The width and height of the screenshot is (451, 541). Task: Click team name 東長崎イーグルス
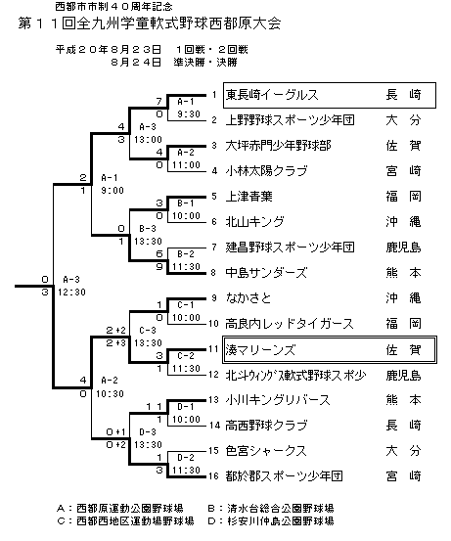(272, 95)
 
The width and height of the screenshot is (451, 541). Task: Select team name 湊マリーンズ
(260, 350)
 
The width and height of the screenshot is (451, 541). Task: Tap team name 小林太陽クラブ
(266, 171)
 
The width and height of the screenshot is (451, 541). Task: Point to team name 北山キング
(254, 221)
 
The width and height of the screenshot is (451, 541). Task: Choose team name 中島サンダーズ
(266, 273)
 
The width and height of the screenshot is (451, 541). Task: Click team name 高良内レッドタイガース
(290, 324)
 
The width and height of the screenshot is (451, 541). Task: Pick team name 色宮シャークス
(266, 451)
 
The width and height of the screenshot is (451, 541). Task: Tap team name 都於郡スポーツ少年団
(284, 476)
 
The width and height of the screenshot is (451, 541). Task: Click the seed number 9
(214, 297)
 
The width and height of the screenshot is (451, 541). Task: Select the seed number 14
(214, 425)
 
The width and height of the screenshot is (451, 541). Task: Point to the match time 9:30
(189, 113)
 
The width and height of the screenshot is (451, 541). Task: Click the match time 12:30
(71, 293)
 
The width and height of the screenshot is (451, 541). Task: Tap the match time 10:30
(110, 393)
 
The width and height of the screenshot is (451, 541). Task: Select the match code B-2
(186, 254)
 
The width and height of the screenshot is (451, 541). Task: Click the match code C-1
(186, 305)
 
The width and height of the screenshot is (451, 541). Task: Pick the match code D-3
(148, 432)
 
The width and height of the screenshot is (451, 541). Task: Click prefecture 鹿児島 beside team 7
(403, 248)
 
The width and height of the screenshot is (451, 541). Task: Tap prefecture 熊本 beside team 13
(403, 400)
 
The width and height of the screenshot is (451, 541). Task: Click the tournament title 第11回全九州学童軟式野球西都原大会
(150, 23)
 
